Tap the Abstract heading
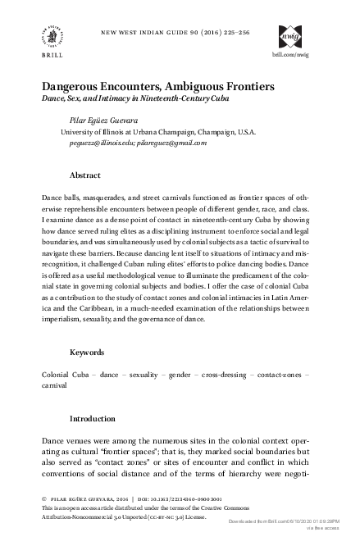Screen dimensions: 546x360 click(x=85, y=175)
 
